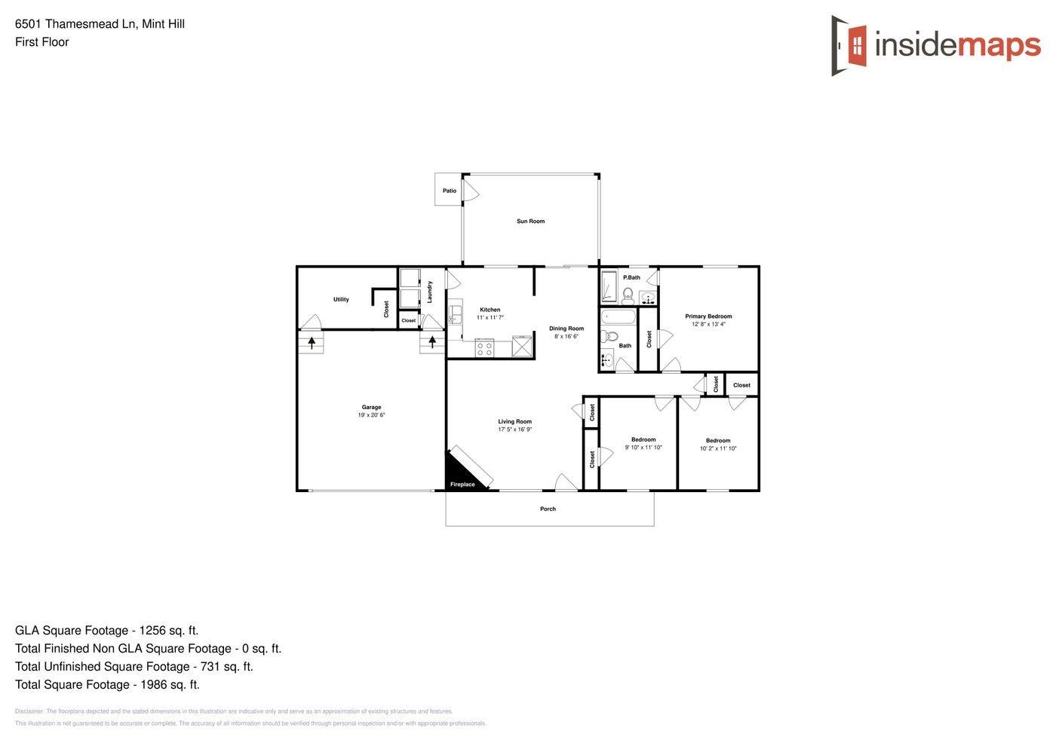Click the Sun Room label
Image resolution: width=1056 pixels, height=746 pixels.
coord(530,222)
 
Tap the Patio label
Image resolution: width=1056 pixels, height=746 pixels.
coord(450,191)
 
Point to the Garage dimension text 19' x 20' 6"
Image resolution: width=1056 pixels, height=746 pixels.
coord(371,415)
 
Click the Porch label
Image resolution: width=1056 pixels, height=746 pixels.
coord(548,509)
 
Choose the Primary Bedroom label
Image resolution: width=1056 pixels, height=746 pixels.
coord(708,316)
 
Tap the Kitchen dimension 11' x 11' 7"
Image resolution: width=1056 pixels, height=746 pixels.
coord(490,318)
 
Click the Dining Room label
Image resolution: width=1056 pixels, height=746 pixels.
coord(566,329)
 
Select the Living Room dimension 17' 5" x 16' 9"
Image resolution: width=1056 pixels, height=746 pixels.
coord(514,430)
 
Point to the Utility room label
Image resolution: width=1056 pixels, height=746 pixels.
coord(341,299)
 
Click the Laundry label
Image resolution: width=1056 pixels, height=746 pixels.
coord(430,292)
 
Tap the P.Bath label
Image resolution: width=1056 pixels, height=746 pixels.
coord(631,277)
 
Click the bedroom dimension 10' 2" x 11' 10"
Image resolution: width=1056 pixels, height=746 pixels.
coord(718,448)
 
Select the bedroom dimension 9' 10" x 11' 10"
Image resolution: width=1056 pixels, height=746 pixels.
coord(643,448)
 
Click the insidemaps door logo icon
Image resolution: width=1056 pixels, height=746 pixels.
coord(849,45)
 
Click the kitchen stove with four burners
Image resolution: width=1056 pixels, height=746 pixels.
coord(484,348)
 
